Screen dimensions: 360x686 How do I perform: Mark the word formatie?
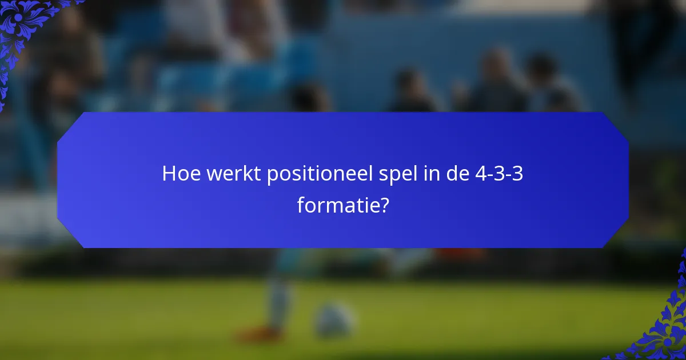[337, 204]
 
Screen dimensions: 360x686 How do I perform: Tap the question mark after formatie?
[383, 204]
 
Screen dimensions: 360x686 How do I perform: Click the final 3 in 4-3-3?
[517, 174]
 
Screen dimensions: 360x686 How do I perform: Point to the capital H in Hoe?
[169, 174]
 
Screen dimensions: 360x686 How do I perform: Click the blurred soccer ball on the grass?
[334, 320]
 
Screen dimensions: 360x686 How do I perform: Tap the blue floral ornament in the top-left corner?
[26, 26]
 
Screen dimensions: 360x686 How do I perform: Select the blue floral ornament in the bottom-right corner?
[663, 326]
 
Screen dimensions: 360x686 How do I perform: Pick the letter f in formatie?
[301, 204]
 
